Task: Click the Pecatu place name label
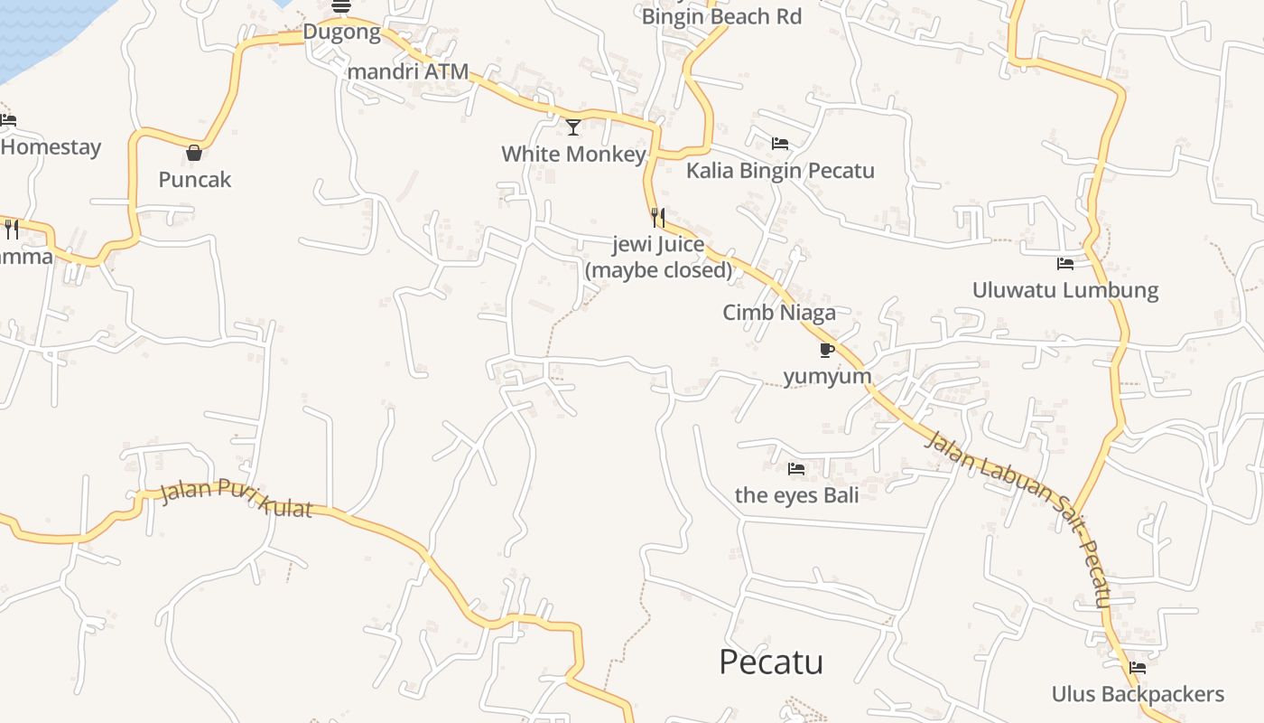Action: [x=771, y=662]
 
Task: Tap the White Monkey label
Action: [x=573, y=154]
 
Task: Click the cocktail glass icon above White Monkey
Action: [x=573, y=127]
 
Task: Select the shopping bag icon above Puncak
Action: [x=193, y=153]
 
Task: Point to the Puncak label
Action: [x=195, y=180]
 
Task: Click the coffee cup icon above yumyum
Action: [x=826, y=350]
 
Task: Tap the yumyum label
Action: [x=827, y=376]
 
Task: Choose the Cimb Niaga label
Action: [x=779, y=313]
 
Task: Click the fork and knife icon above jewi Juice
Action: [x=658, y=217]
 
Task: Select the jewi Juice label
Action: [x=658, y=257]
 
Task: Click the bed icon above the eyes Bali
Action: [x=796, y=468]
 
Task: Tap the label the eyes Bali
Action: [x=797, y=495]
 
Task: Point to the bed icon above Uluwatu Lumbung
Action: [x=1065, y=264]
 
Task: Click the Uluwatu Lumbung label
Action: [x=1065, y=290]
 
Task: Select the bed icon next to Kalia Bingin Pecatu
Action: [x=780, y=144]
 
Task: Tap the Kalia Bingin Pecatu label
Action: [x=780, y=171]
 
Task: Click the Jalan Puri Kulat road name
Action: [x=237, y=499]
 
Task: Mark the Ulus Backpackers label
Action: [x=1138, y=694]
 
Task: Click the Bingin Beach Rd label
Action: [x=721, y=16]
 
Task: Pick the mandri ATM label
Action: [x=409, y=71]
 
